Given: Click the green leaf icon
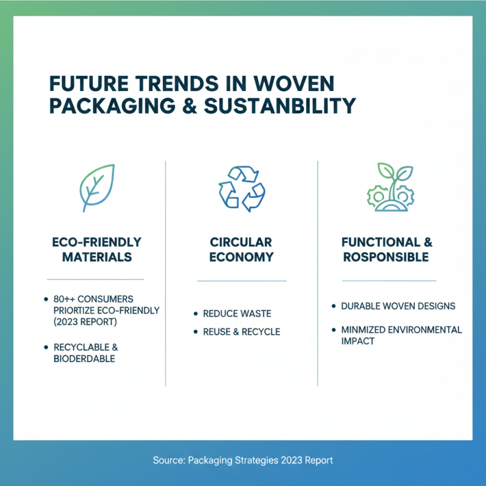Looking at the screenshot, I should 97,188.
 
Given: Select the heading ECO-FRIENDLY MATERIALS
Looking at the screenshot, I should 97,249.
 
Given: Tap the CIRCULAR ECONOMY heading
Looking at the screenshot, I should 241,249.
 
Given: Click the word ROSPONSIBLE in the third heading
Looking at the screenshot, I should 386,257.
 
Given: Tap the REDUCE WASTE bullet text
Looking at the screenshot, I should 237,313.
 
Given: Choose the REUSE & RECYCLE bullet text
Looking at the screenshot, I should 241,332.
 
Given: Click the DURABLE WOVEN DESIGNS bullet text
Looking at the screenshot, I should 398,306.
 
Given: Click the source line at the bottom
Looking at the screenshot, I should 243,460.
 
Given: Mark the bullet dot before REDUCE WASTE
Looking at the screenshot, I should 195,313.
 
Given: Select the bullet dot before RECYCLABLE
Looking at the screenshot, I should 47,347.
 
